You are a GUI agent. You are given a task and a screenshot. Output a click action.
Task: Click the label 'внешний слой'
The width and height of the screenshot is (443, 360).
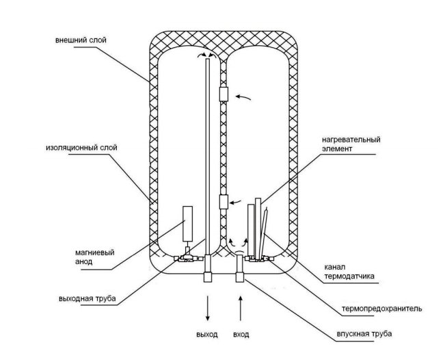(x=81, y=40)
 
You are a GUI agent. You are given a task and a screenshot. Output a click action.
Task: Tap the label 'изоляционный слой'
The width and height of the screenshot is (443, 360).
(x=81, y=148)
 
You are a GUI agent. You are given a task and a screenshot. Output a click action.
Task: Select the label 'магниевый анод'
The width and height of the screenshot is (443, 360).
(x=94, y=257)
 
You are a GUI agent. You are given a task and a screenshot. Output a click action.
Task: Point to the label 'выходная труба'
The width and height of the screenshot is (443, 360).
(x=88, y=298)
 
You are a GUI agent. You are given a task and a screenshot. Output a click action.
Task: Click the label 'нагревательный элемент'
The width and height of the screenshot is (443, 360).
(x=351, y=144)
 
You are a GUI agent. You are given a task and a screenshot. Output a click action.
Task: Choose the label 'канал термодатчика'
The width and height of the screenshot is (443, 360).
(x=349, y=272)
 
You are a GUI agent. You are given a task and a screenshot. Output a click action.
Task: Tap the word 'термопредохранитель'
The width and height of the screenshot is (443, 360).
(x=382, y=308)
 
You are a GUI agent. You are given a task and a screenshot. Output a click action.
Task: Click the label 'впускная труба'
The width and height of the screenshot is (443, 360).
(x=364, y=334)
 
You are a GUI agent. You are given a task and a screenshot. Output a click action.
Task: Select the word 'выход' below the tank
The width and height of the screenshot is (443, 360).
(x=207, y=334)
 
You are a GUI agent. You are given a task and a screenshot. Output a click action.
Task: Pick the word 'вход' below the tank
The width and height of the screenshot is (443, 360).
(x=241, y=335)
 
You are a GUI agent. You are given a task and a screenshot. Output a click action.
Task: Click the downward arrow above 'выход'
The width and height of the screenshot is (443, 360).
(x=208, y=308)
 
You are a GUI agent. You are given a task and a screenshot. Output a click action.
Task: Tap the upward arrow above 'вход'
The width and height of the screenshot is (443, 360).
(x=241, y=308)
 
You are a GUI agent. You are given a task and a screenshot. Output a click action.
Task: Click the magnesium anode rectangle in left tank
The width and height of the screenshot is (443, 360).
(x=187, y=224)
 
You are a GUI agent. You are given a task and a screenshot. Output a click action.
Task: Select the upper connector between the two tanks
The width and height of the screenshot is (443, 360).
(x=224, y=94)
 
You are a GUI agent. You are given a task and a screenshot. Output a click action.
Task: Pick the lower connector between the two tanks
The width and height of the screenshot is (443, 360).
(x=224, y=202)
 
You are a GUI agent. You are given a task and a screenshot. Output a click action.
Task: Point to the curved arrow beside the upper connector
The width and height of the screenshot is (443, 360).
(x=243, y=97)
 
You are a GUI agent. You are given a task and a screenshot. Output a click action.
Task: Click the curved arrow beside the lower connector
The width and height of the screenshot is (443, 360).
(x=236, y=202)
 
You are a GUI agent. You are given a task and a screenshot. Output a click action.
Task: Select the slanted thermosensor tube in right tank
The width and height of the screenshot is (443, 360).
(x=264, y=233)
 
